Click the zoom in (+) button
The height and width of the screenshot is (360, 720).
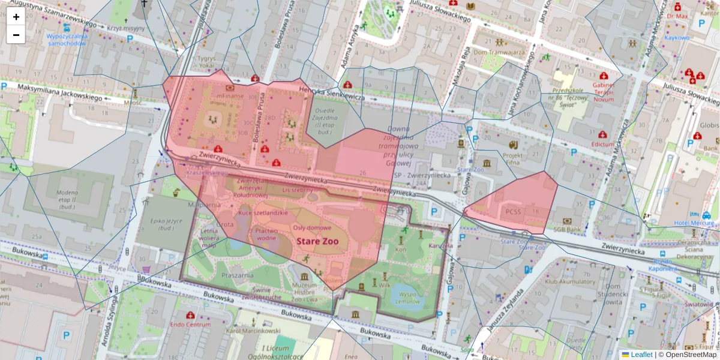(16, 17)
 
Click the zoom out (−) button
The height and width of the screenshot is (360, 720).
(16, 35)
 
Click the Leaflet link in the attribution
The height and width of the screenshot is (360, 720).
(641, 355)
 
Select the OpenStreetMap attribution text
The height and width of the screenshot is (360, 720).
(687, 355)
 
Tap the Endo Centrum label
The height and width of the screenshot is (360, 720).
(190, 324)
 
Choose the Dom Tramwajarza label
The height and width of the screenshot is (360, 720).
(499, 52)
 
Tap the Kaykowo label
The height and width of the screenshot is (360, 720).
(677, 37)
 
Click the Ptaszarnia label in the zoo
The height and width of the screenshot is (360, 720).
(235, 274)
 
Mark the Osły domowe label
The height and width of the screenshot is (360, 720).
(312, 227)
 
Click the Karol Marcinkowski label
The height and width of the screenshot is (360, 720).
(253, 331)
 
